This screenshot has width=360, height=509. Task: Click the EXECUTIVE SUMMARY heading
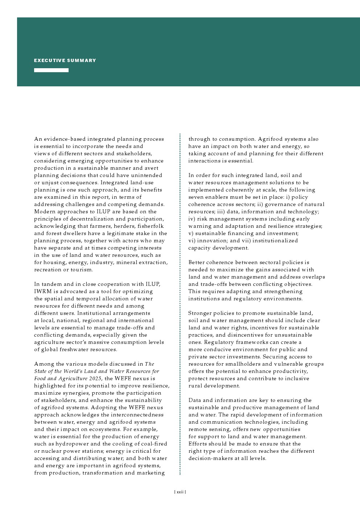coord(65,61)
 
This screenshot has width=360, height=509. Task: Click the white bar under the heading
coord(51,70)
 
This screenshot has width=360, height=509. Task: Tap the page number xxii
coord(180,492)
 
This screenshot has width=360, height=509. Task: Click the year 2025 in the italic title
coord(95,378)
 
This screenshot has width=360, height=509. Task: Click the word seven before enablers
coord(196,197)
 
